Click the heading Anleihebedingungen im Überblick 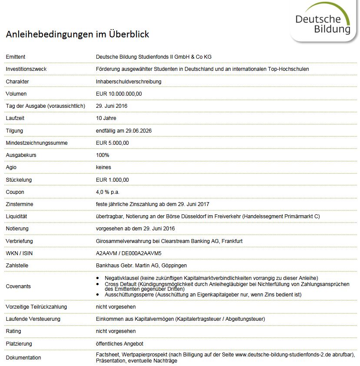[x=77, y=34]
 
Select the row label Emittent [x=16, y=57]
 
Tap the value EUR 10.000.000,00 [x=119, y=94]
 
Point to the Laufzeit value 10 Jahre [x=106, y=118]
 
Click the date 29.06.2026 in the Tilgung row [x=138, y=131]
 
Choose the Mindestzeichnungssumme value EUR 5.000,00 [x=112, y=143]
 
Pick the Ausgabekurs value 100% [x=102, y=155]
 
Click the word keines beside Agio [x=103, y=167]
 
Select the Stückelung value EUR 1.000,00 [x=112, y=180]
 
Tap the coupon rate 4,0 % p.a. [x=108, y=192]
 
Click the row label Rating [x=13, y=331]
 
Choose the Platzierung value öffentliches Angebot [x=119, y=344]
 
